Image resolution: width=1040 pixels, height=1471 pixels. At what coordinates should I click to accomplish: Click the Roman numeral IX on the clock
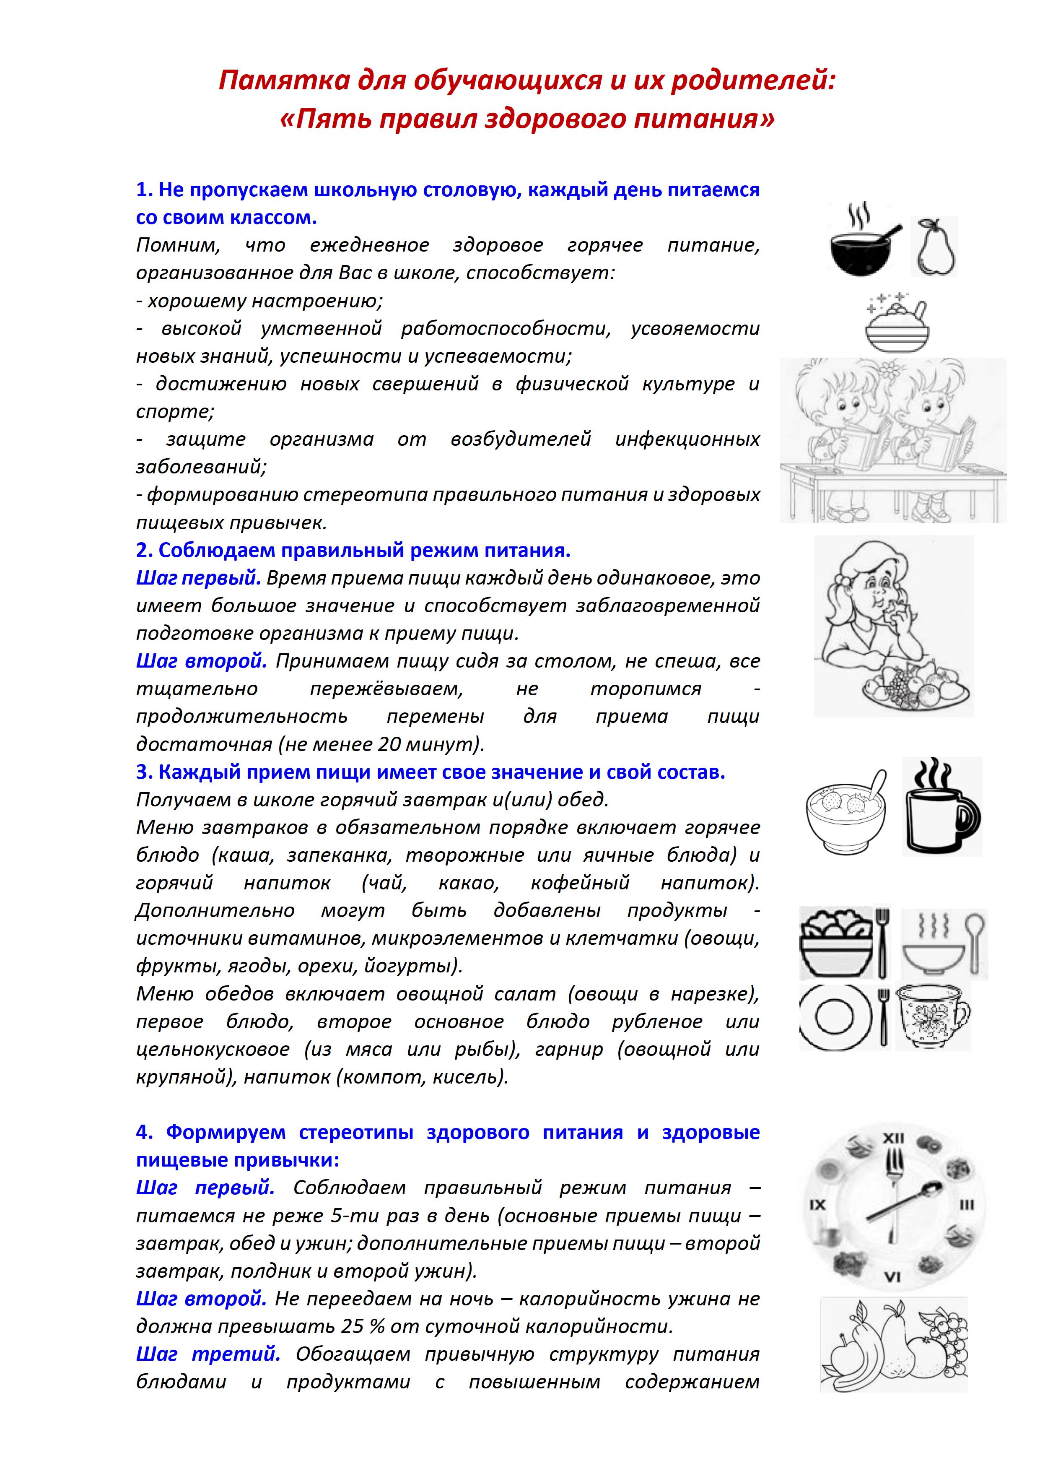click(x=818, y=1205)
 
